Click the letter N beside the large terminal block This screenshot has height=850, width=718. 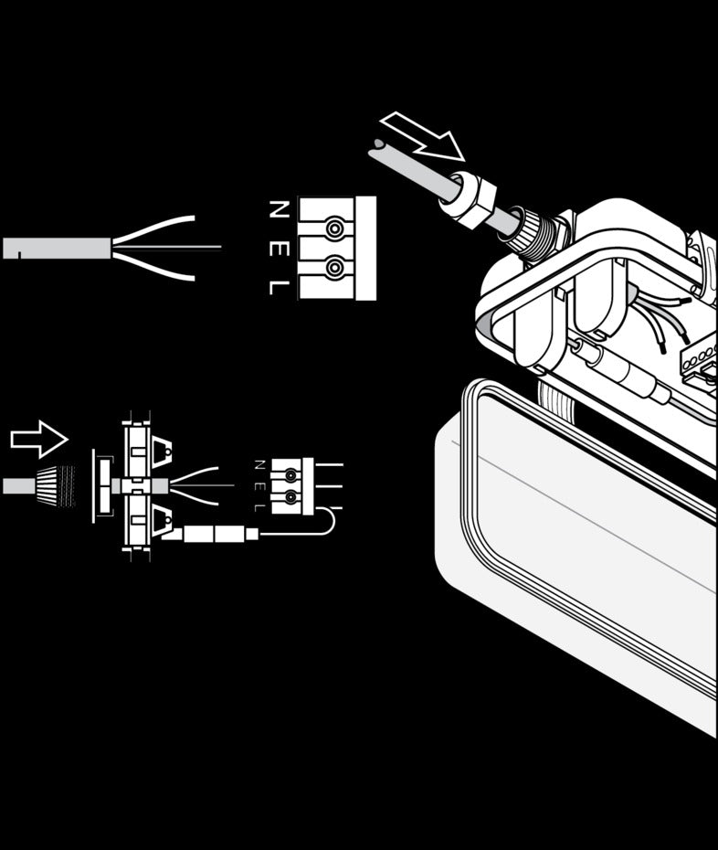(x=280, y=209)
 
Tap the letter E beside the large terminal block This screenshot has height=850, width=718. (x=280, y=248)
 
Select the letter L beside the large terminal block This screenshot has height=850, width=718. (x=280, y=287)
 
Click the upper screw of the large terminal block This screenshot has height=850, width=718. (x=335, y=228)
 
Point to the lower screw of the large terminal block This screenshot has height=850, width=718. (x=335, y=267)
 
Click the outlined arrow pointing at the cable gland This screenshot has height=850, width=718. (x=423, y=136)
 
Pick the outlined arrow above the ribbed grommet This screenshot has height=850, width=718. (x=39, y=439)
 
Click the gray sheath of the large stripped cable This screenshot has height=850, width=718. (x=57, y=249)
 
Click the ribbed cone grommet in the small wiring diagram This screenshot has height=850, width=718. (x=56, y=485)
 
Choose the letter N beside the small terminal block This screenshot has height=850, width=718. (x=259, y=464)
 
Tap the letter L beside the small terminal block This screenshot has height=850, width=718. (x=259, y=507)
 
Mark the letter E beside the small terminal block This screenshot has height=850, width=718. (x=259, y=485)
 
